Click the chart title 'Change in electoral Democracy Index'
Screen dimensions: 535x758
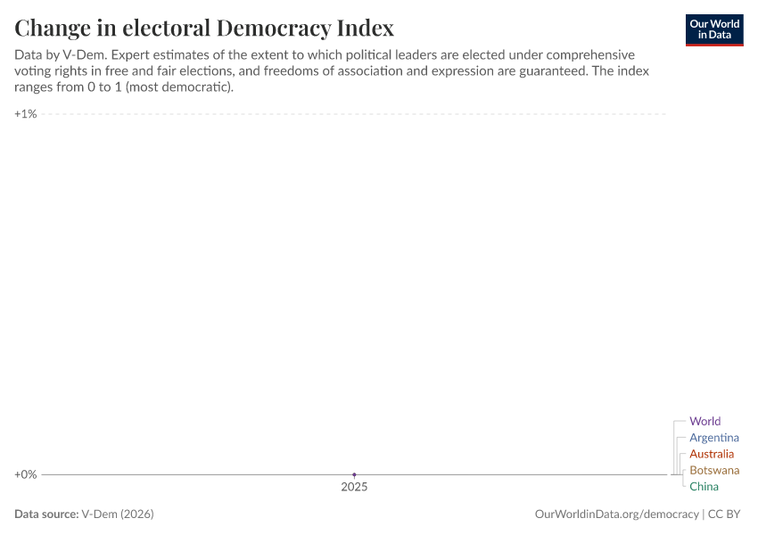204,28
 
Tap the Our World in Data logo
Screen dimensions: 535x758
713,29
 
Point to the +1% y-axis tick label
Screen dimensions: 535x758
26,114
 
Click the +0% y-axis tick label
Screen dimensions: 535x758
26,474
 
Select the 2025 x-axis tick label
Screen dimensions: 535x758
354,488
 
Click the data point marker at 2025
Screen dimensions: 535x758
354,474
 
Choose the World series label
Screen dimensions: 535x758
704,421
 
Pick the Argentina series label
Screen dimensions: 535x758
713,438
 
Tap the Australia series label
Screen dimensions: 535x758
712,454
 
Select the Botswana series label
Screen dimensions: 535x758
714,470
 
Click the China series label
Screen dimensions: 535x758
704,487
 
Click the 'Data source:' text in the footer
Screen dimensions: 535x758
45,514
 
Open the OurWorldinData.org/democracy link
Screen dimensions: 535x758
616,514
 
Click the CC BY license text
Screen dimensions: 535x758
726,514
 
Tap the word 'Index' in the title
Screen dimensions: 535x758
365,28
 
